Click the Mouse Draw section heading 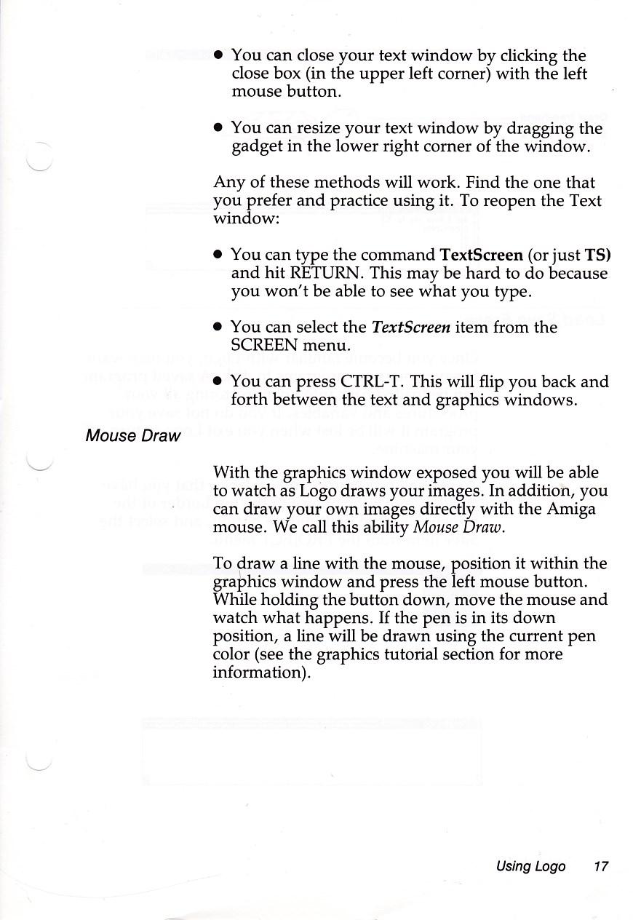pos(132,436)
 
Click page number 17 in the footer pos(600,866)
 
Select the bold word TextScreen pos(482,255)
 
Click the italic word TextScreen pos(411,328)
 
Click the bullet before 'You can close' pos(218,55)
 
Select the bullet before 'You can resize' pos(218,128)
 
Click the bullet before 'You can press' pos(218,382)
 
